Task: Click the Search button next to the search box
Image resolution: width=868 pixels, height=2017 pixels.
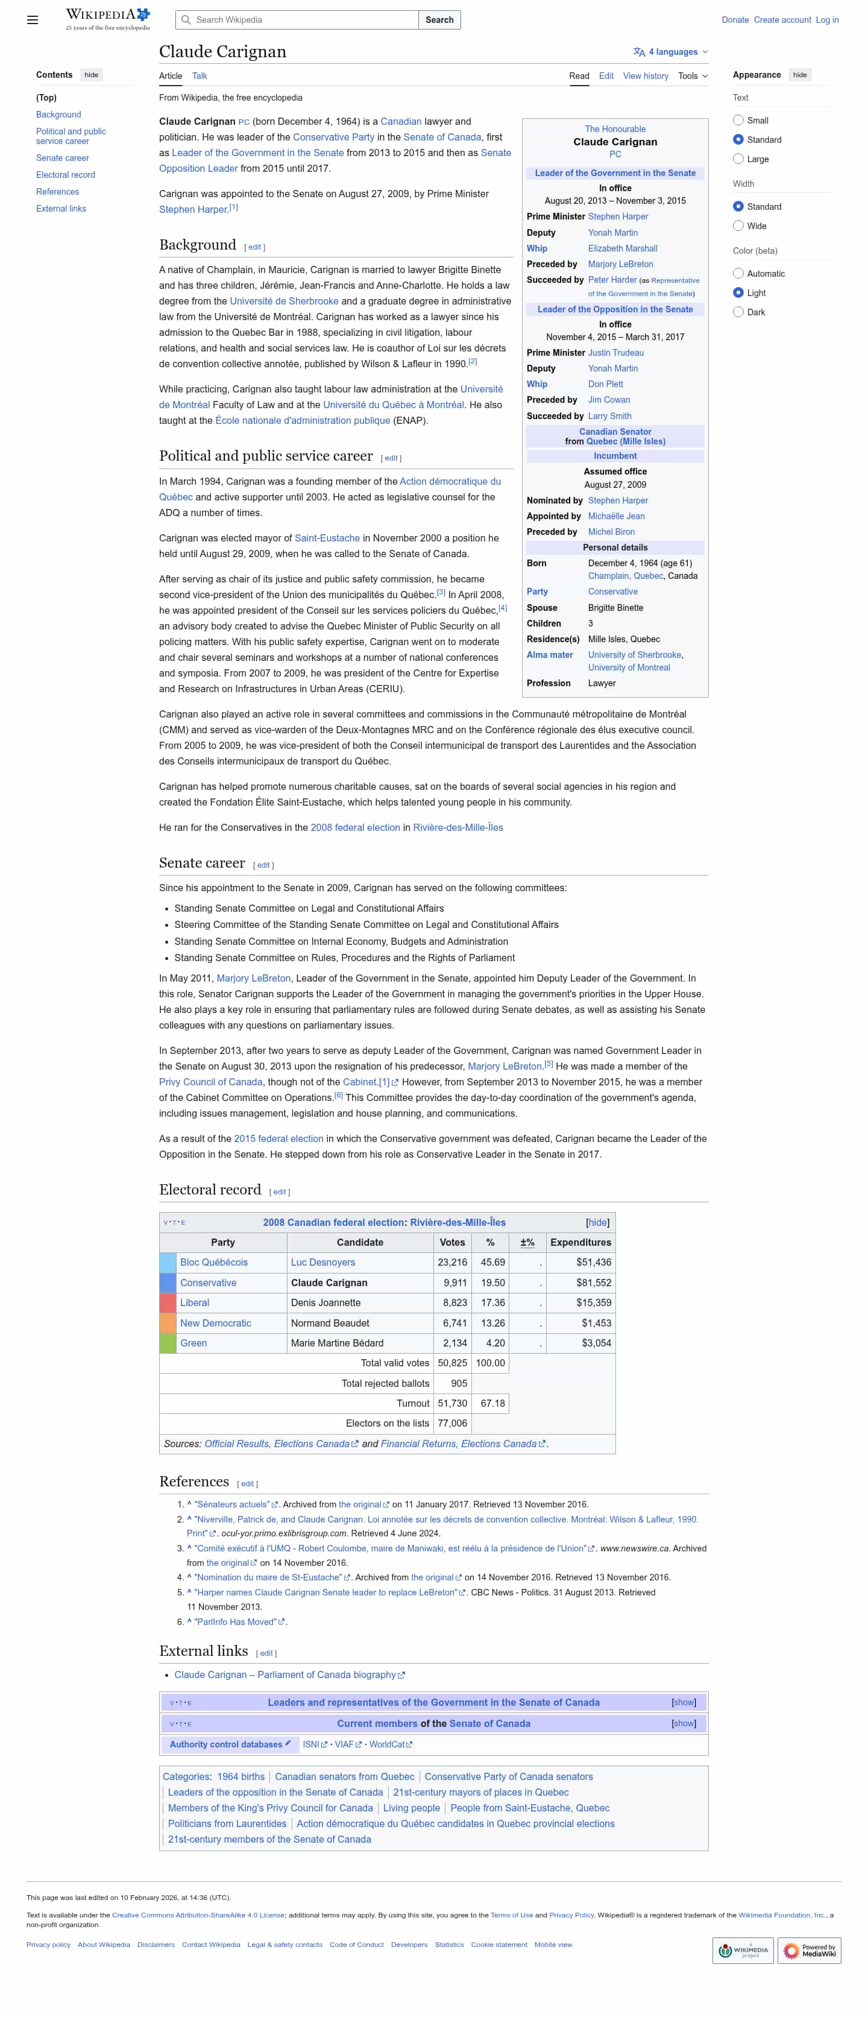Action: pyautogui.click(x=439, y=19)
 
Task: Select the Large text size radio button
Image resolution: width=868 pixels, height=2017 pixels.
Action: pyautogui.click(x=738, y=159)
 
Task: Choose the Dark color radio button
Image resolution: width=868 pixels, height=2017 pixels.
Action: pyautogui.click(x=738, y=312)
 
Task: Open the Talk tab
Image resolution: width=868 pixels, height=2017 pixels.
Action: pyautogui.click(x=200, y=76)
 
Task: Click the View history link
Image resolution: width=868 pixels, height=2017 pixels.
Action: pyautogui.click(x=645, y=76)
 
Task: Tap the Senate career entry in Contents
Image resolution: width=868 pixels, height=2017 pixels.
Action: pyautogui.click(x=63, y=158)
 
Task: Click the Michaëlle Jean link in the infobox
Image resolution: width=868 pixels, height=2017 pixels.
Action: pyautogui.click(x=616, y=516)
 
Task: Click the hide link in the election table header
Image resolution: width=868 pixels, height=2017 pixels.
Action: pyautogui.click(x=597, y=1222)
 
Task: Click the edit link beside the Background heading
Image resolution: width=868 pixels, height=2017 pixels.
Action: pyautogui.click(x=254, y=247)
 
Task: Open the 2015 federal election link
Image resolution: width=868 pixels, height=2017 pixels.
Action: pyautogui.click(x=278, y=1138)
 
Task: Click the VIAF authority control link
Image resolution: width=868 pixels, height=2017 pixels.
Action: pyautogui.click(x=344, y=1744)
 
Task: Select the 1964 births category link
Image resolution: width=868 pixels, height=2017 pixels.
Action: pyautogui.click(x=241, y=1776)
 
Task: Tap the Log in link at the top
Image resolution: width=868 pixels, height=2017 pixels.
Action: pyautogui.click(x=826, y=19)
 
